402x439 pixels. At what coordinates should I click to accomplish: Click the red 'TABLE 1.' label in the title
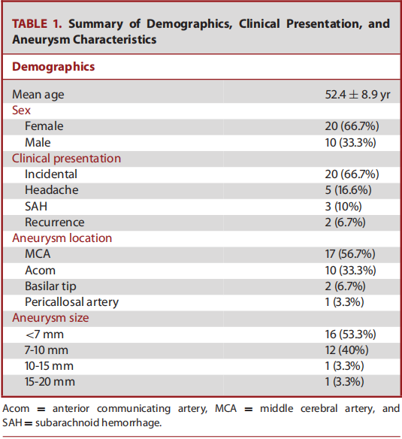(x=37, y=24)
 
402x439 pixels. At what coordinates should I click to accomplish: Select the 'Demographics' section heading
(x=53, y=67)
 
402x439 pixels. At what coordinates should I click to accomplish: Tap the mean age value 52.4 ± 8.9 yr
(x=358, y=95)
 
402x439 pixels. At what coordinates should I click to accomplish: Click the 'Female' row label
(x=44, y=126)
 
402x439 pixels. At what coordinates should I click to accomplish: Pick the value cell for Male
(x=350, y=143)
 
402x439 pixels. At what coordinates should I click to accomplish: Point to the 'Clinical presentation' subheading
(x=66, y=159)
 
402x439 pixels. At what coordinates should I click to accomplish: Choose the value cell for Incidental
(x=352, y=174)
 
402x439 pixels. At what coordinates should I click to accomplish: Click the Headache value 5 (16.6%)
(x=348, y=190)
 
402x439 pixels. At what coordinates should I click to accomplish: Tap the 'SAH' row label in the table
(x=36, y=206)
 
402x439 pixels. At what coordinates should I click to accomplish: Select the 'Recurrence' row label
(x=55, y=223)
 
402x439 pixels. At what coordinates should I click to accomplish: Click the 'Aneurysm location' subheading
(x=62, y=238)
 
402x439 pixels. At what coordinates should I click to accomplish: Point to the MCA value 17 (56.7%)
(x=350, y=254)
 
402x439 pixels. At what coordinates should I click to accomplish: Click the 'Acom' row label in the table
(x=40, y=271)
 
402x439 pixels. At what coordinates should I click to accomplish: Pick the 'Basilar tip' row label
(x=50, y=286)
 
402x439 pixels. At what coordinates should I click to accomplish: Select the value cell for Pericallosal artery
(x=344, y=302)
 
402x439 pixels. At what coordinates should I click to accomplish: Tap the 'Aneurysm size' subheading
(x=50, y=318)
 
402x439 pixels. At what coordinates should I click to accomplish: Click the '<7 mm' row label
(x=44, y=335)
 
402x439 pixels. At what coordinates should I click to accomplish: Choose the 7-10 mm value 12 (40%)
(x=346, y=350)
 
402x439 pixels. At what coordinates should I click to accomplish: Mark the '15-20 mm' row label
(x=50, y=382)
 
